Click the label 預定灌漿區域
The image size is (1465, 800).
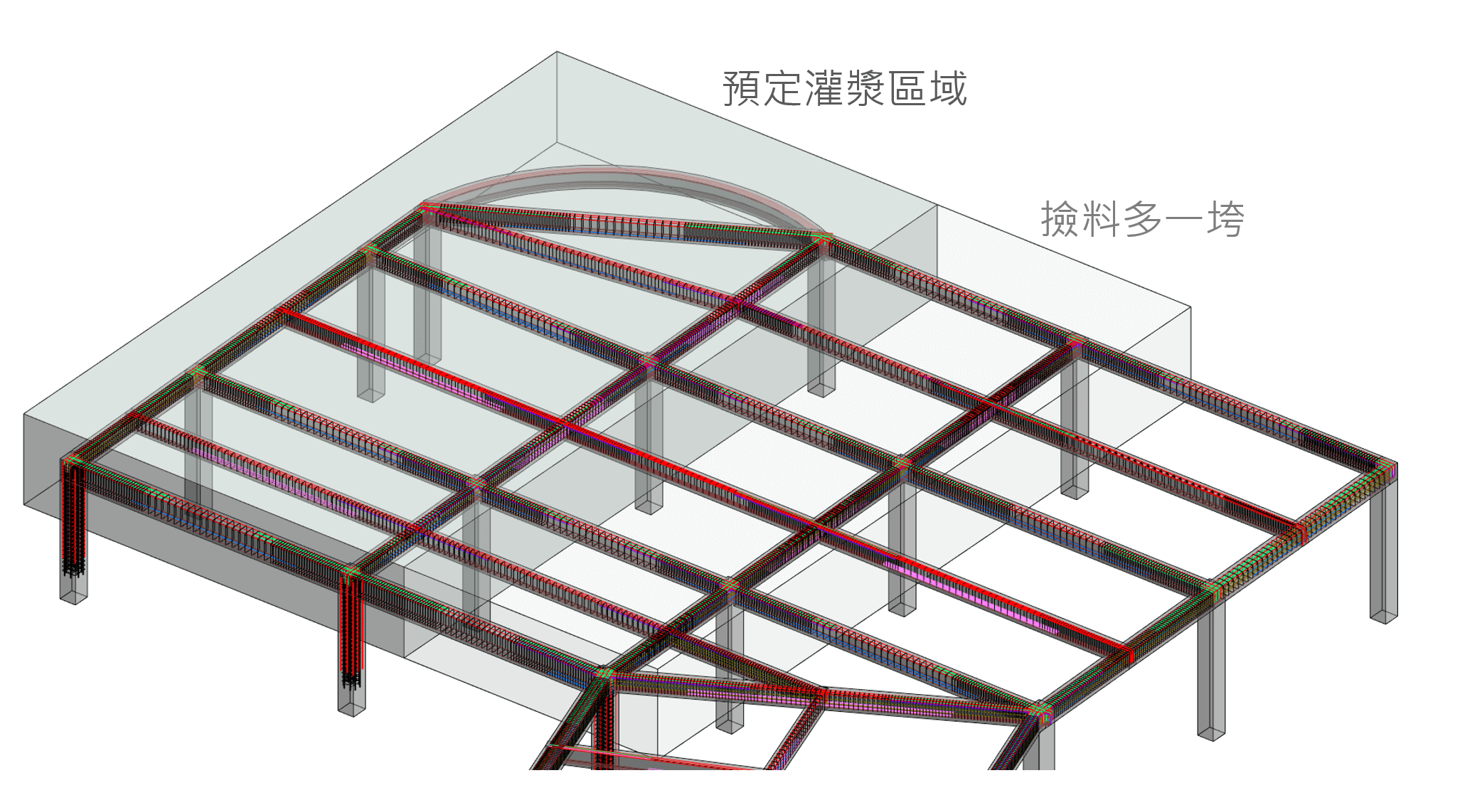(x=845, y=90)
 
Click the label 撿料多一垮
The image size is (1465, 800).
(x=1142, y=219)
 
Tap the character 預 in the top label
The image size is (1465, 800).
(x=742, y=90)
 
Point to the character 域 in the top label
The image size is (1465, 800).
(x=948, y=90)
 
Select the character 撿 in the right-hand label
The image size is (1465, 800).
(x=1060, y=219)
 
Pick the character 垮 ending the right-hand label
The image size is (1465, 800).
(x=1225, y=219)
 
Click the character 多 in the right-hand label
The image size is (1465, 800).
(x=1142, y=219)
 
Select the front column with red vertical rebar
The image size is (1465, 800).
(x=351, y=640)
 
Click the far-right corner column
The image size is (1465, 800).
(x=1383, y=548)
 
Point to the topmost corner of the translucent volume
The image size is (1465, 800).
(x=557, y=52)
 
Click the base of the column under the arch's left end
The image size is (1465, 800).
(x=427, y=359)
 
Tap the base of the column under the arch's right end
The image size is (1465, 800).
(x=821, y=389)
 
